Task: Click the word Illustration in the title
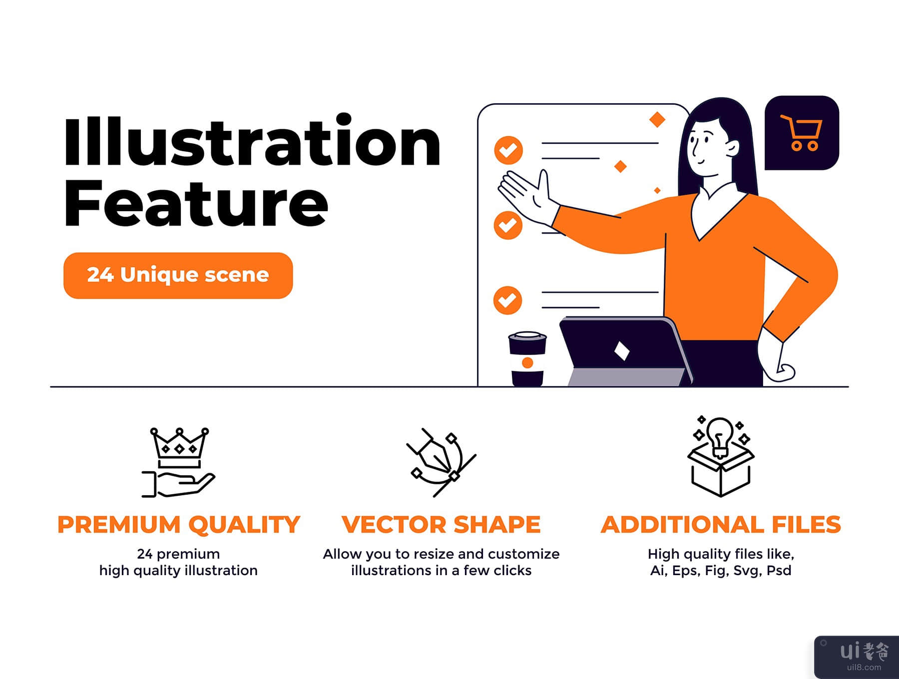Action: click(252, 140)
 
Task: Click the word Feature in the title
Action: click(196, 204)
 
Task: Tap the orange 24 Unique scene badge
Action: click(178, 276)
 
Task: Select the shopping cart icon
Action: click(801, 132)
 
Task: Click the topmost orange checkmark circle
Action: click(508, 150)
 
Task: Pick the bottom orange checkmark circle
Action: click(507, 300)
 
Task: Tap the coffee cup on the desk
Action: click(527, 358)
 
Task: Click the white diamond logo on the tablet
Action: click(621, 351)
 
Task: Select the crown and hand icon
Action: click(178, 462)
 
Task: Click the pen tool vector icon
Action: click(441, 462)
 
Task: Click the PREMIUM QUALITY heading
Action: click(178, 525)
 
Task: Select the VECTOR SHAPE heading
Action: click(441, 525)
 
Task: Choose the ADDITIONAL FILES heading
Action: click(721, 525)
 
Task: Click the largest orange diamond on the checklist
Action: click(657, 119)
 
